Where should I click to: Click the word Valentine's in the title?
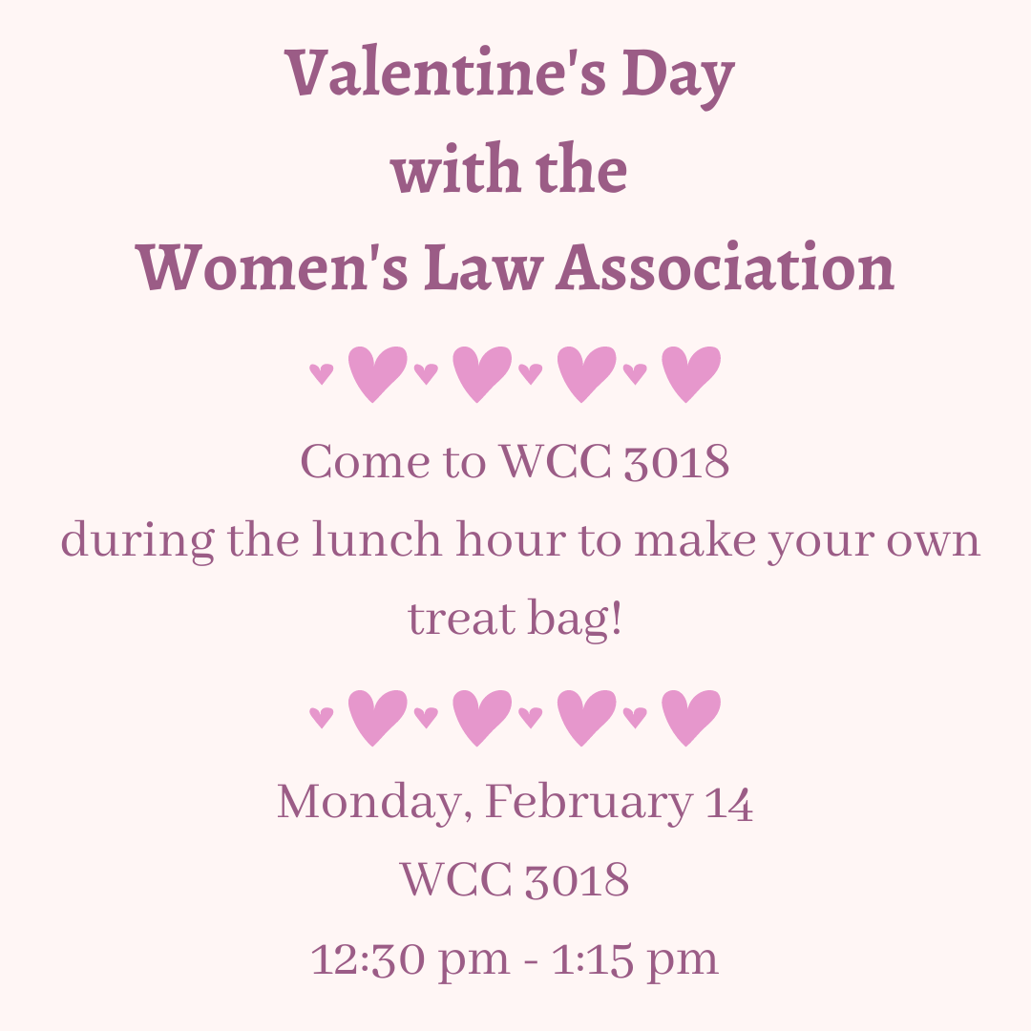point(446,74)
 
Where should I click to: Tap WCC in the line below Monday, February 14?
point(454,879)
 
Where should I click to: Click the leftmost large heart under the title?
point(376,373)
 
